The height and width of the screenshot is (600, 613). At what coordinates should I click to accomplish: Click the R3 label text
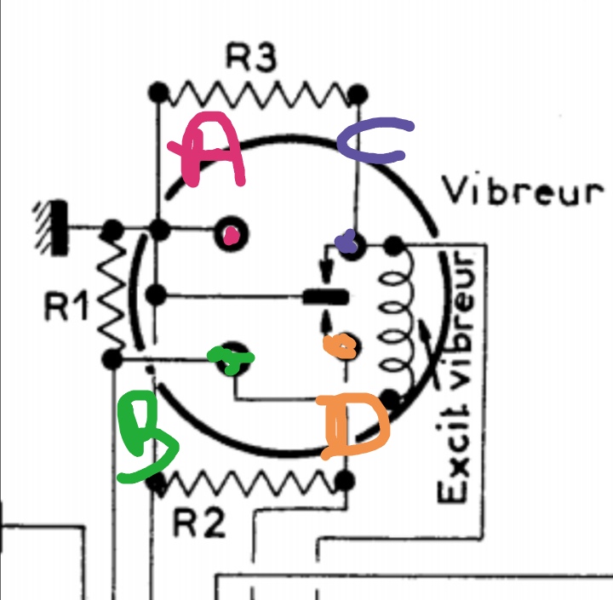click(x=252, y=58)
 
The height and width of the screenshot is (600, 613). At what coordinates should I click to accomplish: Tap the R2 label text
click(x=201, y=523)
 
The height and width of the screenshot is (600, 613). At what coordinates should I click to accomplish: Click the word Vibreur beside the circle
click(x=522, y=192)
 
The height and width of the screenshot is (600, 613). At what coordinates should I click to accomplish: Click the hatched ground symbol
click(x=53, y=229)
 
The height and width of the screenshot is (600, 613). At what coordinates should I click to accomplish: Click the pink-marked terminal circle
click(x=231, y=231)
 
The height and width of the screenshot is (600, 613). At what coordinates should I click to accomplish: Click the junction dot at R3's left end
click(x=157, y=91)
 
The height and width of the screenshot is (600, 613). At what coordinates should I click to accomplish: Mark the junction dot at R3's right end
click(x=358, y=91)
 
